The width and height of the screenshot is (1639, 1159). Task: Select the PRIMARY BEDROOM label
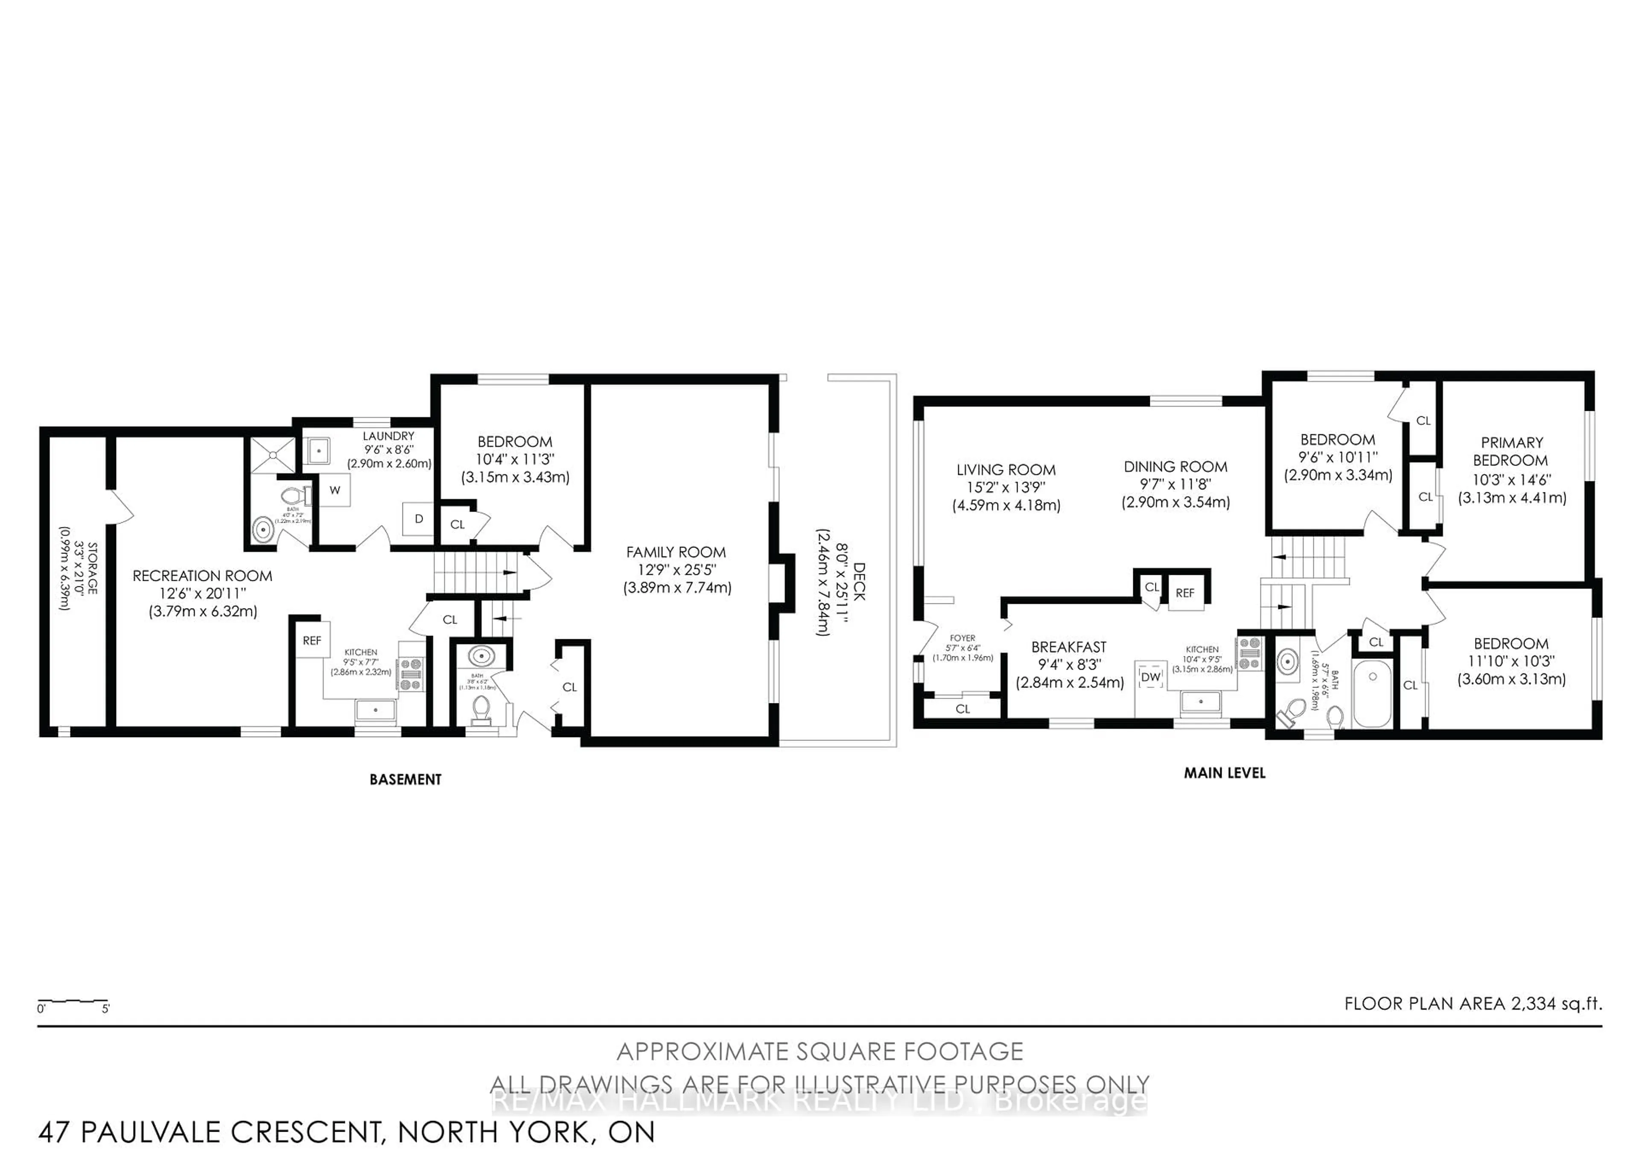pyautogui.click(x=1511, y=451)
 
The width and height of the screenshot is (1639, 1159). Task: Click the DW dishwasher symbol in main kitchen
pyautogui.click(x=1150, y=676)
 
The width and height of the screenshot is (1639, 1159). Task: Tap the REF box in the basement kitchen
pyautogui.click(x=312, y=641)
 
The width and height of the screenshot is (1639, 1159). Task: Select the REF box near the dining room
pyautogui.click(x=1185, y=593)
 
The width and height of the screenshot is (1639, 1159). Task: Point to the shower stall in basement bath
pyautogui.click(x=270, y=455)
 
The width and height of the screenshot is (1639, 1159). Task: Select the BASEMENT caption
pyautogui.click(x=405, y=780)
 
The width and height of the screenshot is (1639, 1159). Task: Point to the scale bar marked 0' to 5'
pyautogui.click(x=73, y=1003)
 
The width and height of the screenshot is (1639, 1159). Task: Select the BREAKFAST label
pyautogui.click(x=1069, y=647)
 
